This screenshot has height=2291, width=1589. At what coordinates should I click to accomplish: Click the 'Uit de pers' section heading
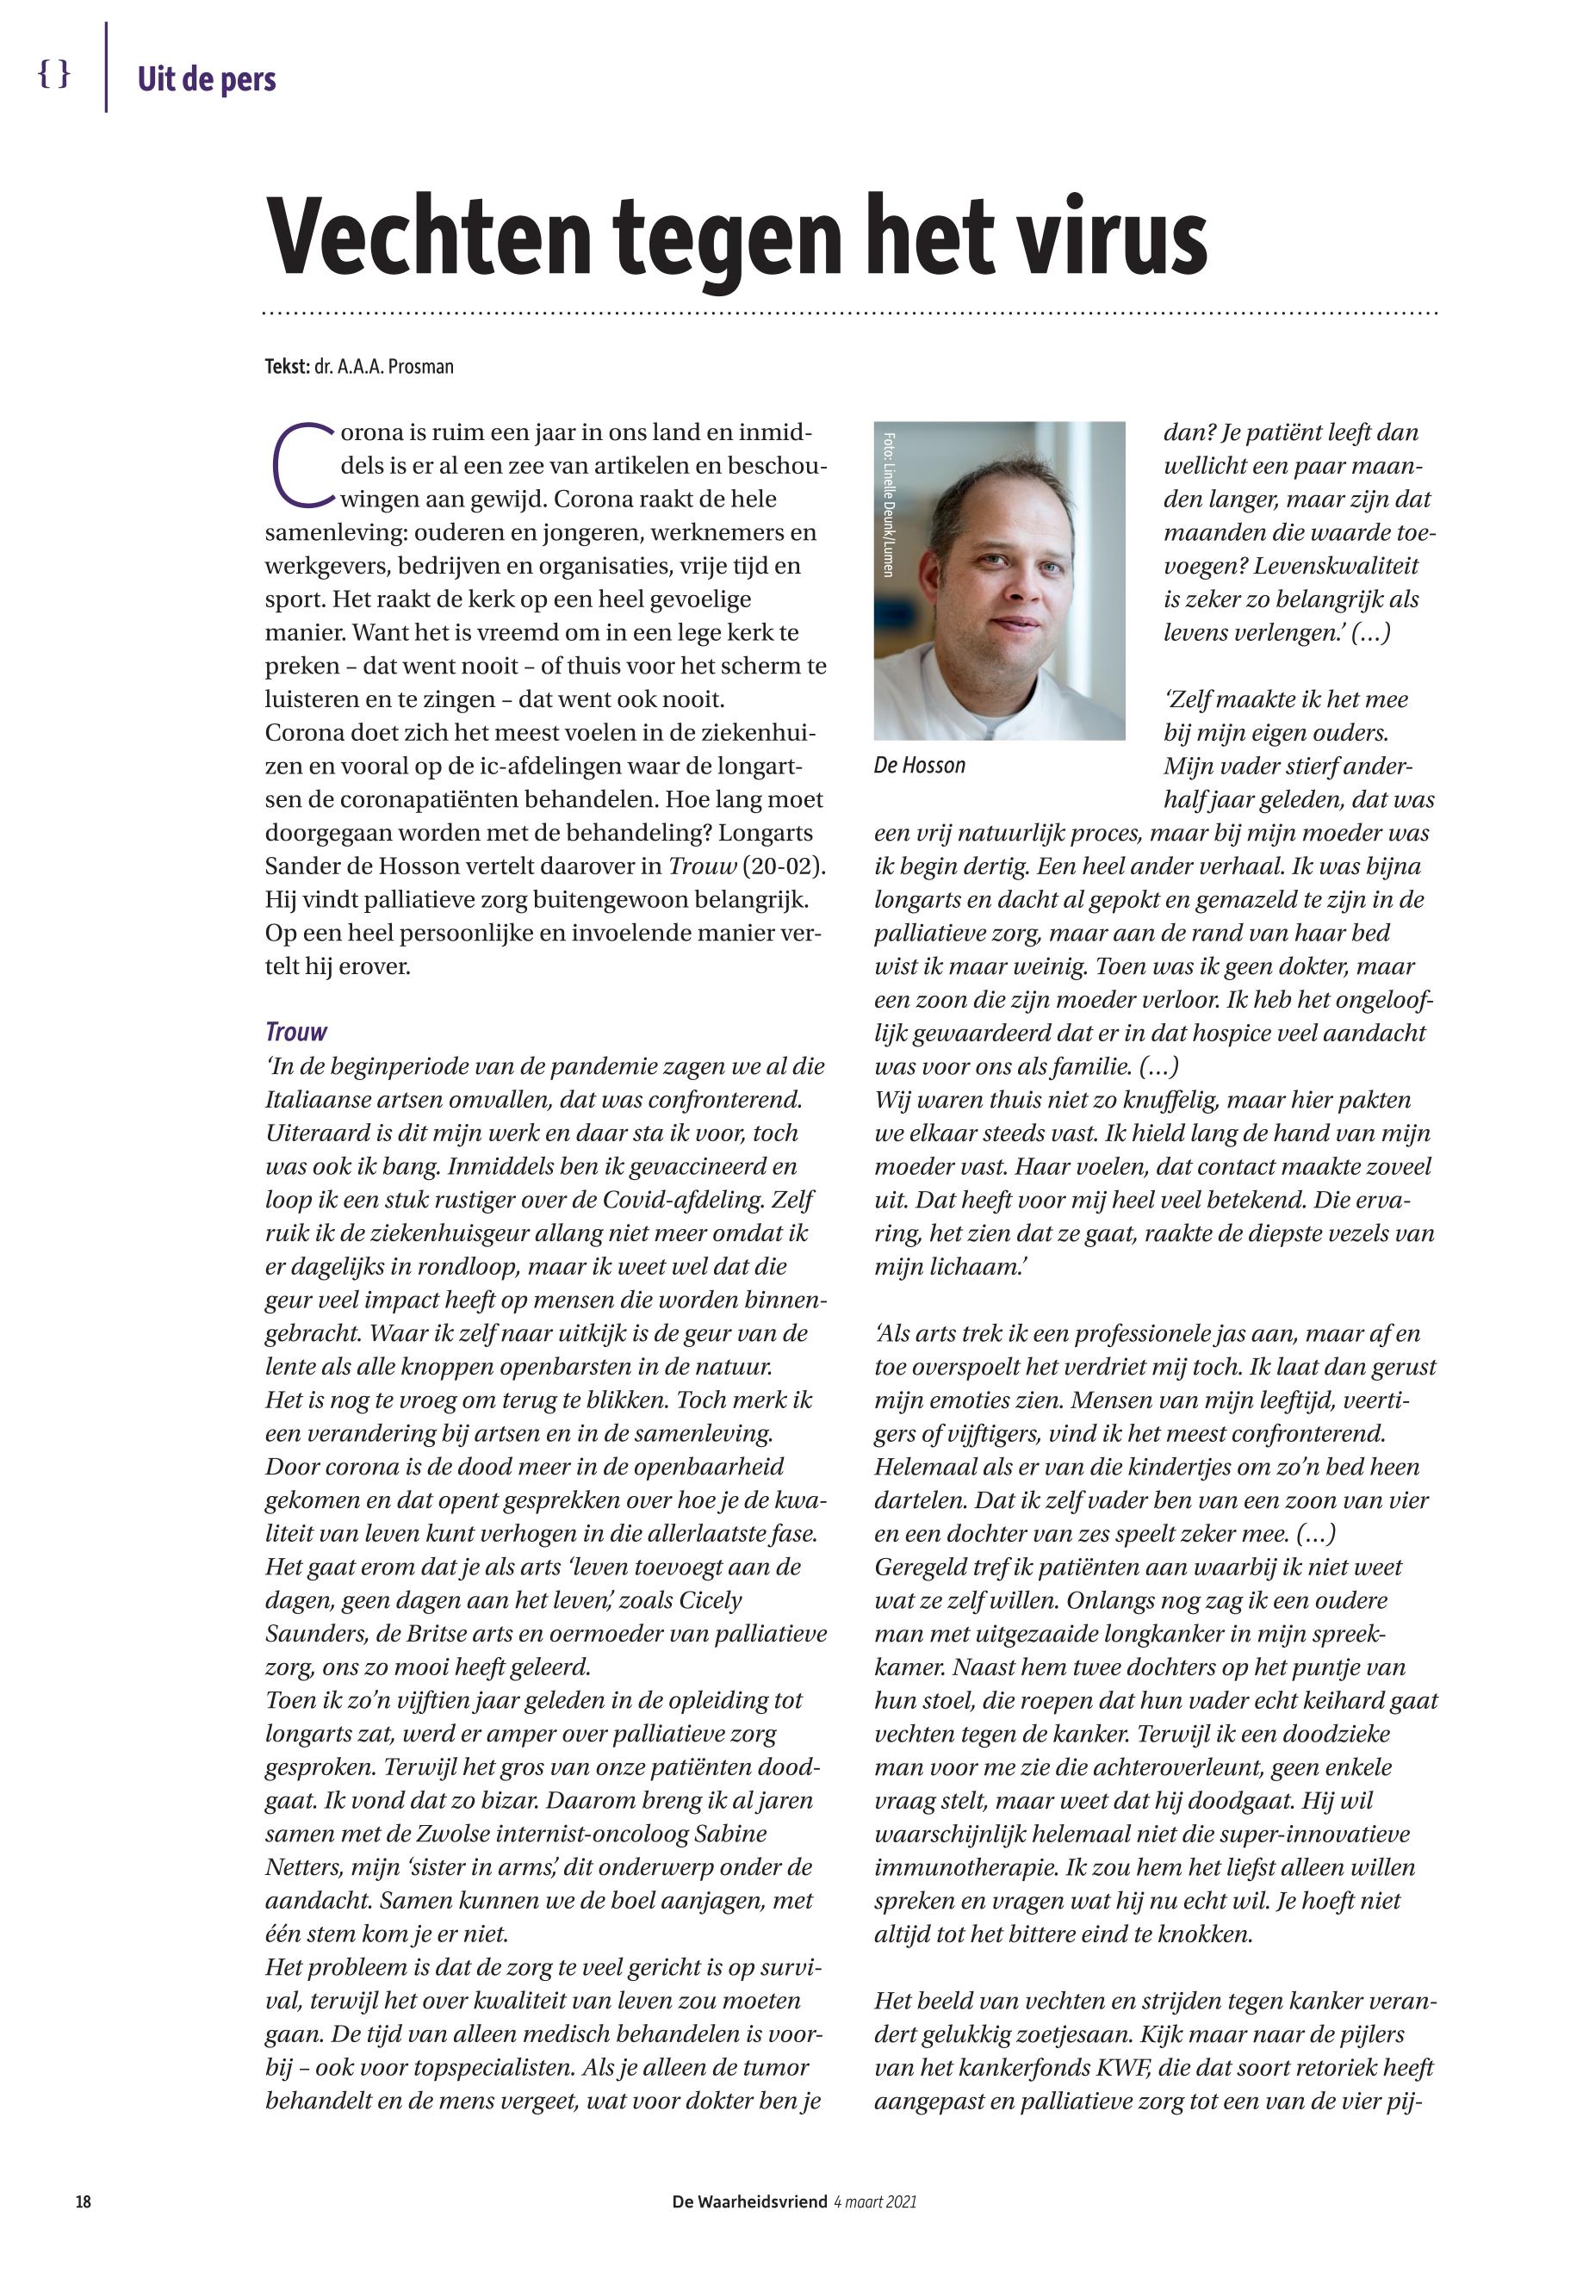[206, 79]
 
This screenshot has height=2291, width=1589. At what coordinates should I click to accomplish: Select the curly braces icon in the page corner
[53, 74]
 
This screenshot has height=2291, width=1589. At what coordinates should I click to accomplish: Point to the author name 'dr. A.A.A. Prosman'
[383, 366]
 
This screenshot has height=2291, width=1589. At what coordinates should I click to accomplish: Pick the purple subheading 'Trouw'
[295, 1032]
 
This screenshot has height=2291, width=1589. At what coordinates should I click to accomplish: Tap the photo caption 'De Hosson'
[919, 765]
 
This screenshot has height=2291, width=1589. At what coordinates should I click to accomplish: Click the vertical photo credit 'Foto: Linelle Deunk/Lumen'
[888, 504]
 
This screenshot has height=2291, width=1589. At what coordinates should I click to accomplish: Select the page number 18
[84, 2201]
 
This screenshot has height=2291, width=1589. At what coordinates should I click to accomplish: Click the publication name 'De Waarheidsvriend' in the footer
[748, 2201]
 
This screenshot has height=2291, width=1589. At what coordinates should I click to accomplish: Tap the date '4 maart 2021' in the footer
[875, 2201]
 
